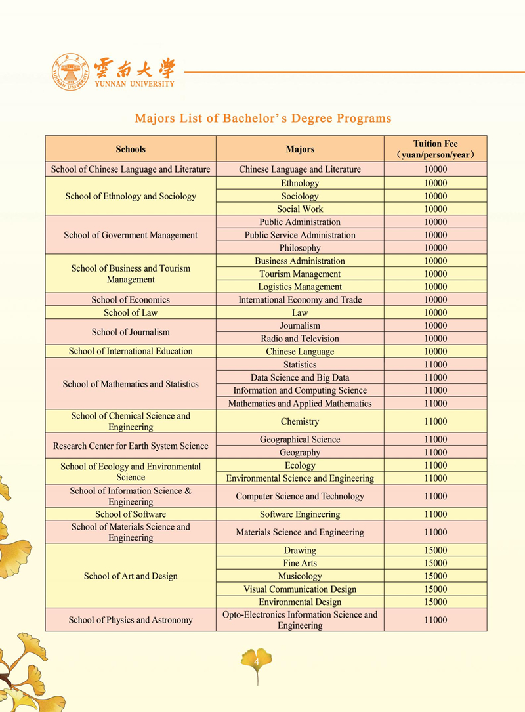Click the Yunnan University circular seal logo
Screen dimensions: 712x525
[72, 72]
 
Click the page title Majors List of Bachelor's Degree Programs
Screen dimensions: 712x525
[262, 119]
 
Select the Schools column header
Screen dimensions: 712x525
[131, 149]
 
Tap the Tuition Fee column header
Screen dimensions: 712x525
[435, 149]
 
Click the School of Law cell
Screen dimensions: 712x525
[131, 313]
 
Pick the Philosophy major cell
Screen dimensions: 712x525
[300, 248]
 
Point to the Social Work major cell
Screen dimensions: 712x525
[300, 209]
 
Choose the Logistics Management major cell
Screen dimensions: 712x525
[300, 287]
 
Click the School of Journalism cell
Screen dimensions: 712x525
[131, 332]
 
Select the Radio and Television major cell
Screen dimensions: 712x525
[300, 339]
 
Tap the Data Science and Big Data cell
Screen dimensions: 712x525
[300, 377]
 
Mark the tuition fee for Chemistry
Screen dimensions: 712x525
[435, 421]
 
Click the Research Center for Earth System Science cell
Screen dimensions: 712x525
[131, 446]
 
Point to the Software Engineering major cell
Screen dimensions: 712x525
[300, 514]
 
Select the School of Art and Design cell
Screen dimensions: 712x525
[131, 576]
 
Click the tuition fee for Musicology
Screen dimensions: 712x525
[435, 576]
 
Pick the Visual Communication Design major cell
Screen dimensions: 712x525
[300, 589]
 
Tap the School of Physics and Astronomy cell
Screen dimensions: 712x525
[131, 620]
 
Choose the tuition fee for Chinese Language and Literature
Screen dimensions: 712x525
[435, 169]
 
